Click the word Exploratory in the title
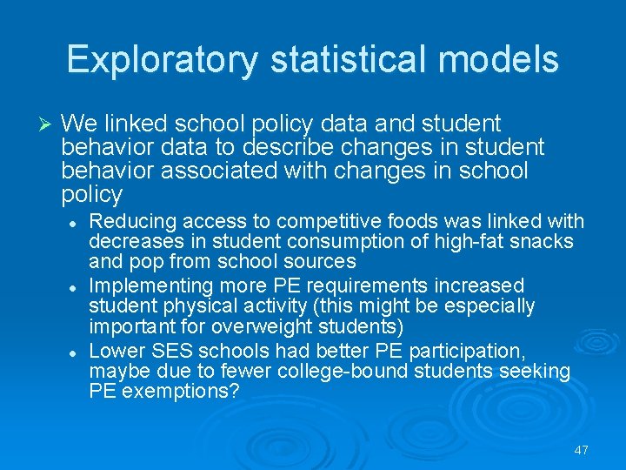pos(162,59)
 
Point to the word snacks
pos(542,242)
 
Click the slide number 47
pos(582,450)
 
